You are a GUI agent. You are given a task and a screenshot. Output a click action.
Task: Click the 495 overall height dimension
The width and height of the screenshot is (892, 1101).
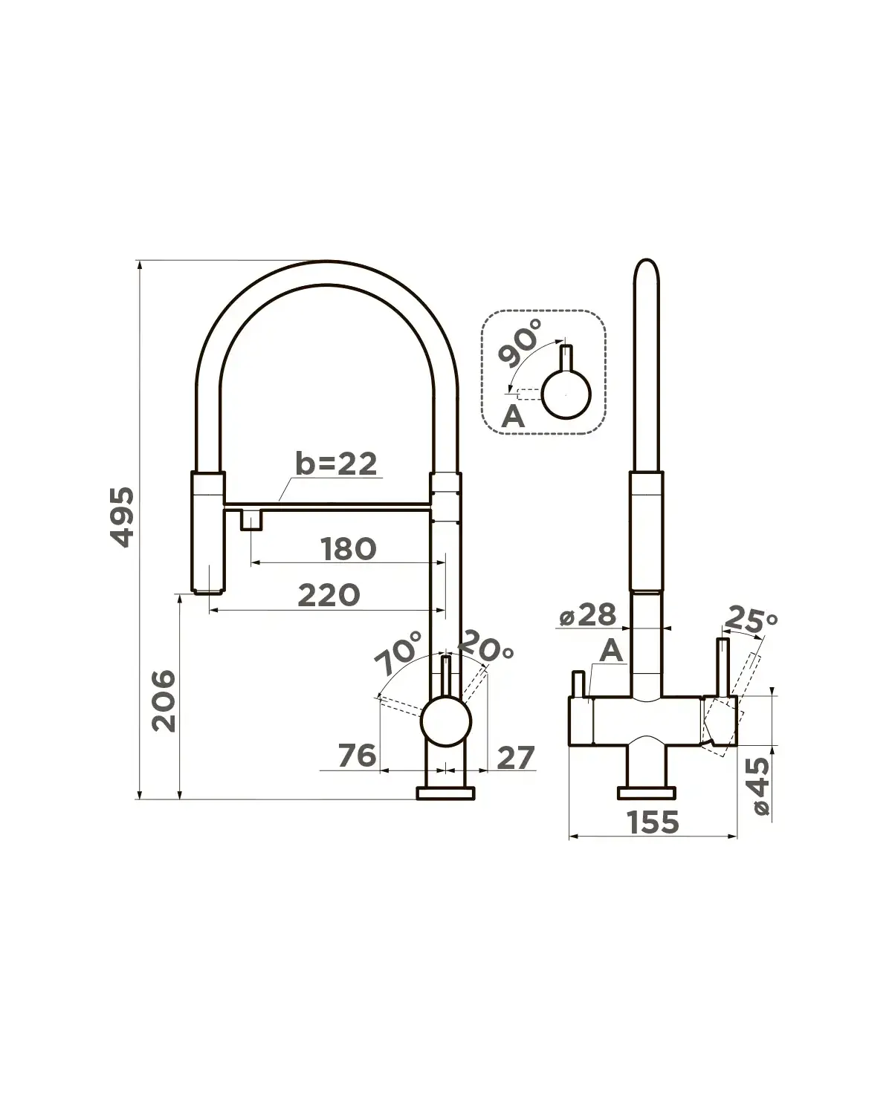(123, 517)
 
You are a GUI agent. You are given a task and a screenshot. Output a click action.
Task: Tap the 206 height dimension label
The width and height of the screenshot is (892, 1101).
(164, 701)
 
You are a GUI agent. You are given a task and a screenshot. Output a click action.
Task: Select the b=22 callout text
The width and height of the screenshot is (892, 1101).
(336, 463)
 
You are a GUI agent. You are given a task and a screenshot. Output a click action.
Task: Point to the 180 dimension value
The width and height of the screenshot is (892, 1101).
(348, 549)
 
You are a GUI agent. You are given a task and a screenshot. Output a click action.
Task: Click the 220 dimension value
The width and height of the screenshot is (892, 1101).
(329, 596)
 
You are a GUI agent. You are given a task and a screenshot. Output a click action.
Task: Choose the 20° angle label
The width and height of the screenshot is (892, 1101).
(485, 646)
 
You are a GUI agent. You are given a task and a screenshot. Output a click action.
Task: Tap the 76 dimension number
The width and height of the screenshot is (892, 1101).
(358, 756)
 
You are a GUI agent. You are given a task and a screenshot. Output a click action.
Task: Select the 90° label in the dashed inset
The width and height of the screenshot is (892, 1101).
(520, 342)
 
